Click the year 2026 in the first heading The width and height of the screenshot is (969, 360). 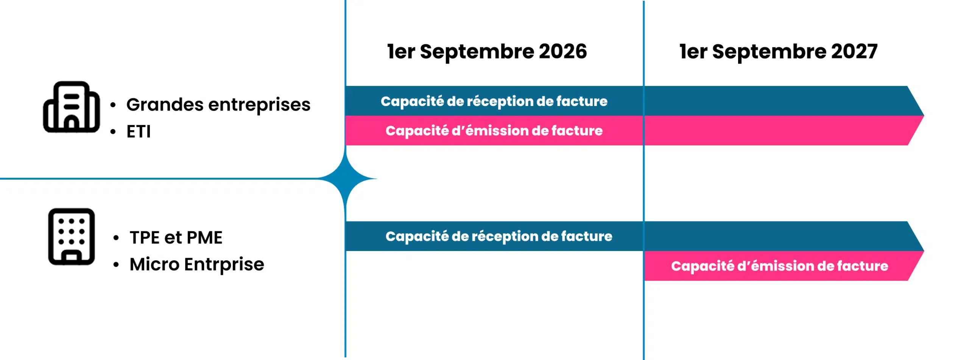pyautogui.click(x=562, y=51)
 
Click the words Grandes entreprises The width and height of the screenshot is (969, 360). pyautogui.click(x=218, y=104)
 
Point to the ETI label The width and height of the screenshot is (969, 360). pyautogui.click(x=139, y=132)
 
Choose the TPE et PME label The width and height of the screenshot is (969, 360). pyautogui.click(x=176, y=238)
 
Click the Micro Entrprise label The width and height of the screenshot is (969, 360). pyautogui.click(x=197, y=264)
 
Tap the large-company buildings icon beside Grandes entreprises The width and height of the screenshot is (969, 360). pyautogui.click(x=72, y=107)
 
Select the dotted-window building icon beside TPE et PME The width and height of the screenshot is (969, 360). pyautogui.click(x=72, y=236)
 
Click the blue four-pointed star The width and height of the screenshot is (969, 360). pyautogui.click(x=346, y=178)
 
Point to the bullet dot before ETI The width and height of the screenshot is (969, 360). pyautogui.click(x=113, y=132)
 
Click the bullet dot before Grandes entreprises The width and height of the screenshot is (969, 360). pyautogui.click(x=113, y=105)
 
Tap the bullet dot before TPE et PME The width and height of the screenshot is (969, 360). pyautogui.click(x=116, y=238)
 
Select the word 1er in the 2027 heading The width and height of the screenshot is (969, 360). pyautogui.click(x=693, y=51)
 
